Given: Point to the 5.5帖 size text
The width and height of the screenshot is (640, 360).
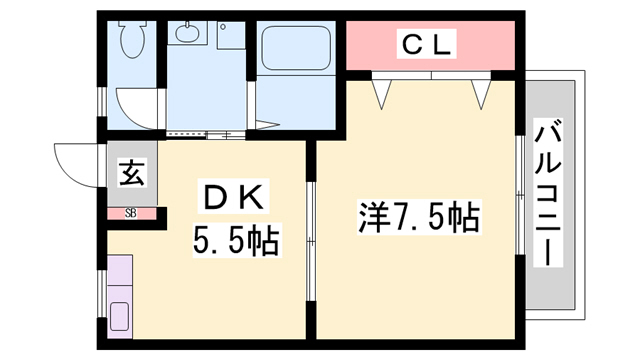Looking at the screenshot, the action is [x=234, y=241].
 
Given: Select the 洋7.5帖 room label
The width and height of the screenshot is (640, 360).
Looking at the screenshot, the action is [x=418, y=215].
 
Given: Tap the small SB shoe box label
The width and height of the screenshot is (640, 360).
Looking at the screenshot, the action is [x=131, y=212].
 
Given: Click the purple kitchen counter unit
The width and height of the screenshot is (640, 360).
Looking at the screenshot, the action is [x=121, y=296].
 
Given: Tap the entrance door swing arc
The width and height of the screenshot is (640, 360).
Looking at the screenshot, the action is [x=75, y=160].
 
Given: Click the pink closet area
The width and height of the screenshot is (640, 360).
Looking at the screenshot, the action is [x=430, y=45].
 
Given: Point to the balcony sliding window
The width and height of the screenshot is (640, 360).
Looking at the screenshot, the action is [x=520, y=190].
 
